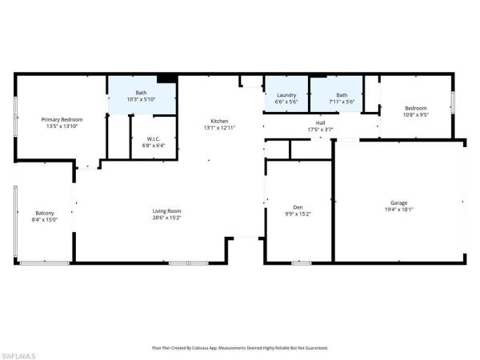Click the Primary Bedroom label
[x=62, y=119]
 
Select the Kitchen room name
[x=220, y=121]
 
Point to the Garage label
[x=398, y=202]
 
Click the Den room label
[x=298, y=207]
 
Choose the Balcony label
[x=45, y=213]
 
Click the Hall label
[x=320, y=122]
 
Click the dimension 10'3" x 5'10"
[x=141, y=99]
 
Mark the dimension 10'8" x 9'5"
[x=415, y=114]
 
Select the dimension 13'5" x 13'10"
[x=62, y=126]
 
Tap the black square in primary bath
[x=166, y=78]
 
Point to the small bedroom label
[x=415, y=108]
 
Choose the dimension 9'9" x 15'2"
[x=298, y=214]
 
